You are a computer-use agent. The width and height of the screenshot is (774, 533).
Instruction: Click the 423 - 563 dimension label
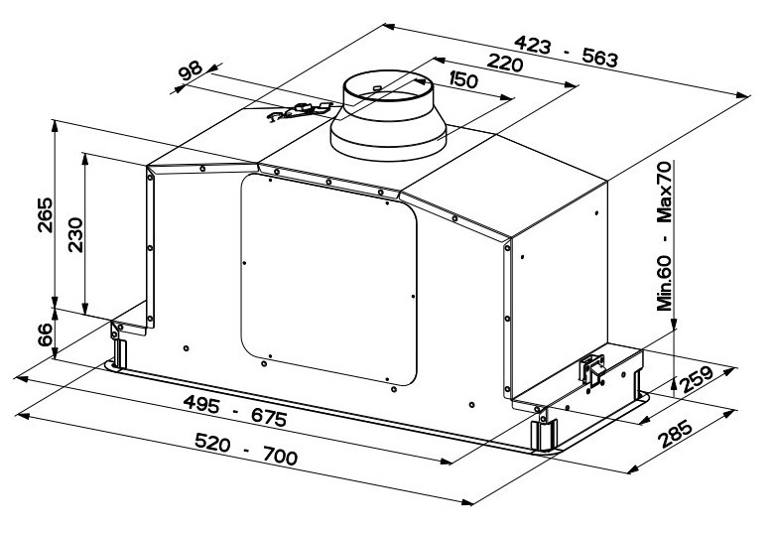pyautogui.click(x=566, y=52)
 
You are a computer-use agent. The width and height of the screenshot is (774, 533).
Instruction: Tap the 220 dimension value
pyautogui.click(x=504, y=64)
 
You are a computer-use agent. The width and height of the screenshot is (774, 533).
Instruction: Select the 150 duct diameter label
pyautogui.click(x=464, y=79)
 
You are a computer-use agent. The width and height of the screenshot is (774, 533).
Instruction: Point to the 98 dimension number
pyautogui.click(x=191, y=70)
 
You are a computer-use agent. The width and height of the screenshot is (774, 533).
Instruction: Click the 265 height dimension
pyautogui.click(x=45, y=214)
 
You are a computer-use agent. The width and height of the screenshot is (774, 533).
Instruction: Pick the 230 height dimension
pyautogui.click(x=75, y=235)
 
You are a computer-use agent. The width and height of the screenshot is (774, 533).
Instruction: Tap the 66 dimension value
pyautogui.click(x=45, y=334)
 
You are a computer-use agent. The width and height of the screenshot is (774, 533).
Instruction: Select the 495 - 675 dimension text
pyautogui.click(x=235, y=411)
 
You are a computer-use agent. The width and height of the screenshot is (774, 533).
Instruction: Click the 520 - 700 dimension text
pyautogui.click(x=246, y=449)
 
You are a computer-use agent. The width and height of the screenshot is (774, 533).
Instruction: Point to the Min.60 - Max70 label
pyautogui.click(x=665, y=236)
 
